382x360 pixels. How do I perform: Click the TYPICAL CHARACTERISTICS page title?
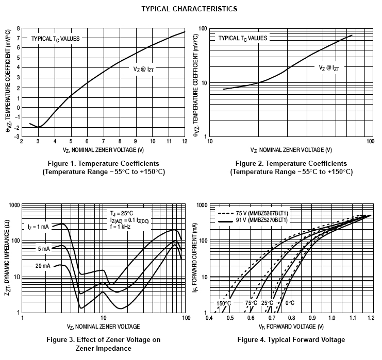pyautogui.click(x=189, y=9)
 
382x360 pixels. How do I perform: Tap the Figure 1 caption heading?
pyautogui.click(x=103, y=163)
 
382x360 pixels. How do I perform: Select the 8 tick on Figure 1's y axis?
pyautogui.click(x=18, y=29)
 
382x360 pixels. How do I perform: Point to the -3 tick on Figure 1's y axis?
pyautogui.click(x=16, y=136)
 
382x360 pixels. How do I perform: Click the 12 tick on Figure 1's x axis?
pyautogui.click(x=185, y=142)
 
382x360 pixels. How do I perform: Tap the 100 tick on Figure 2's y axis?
pyautogui.click(x=203, y=29)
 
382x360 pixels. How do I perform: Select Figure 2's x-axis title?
pyautogui.click(x=291, y=150)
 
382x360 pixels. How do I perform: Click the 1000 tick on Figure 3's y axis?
pyautogui.click(x=13, y=205)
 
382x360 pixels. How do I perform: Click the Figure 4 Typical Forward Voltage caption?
pyautogui.click(x=291, y=339)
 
